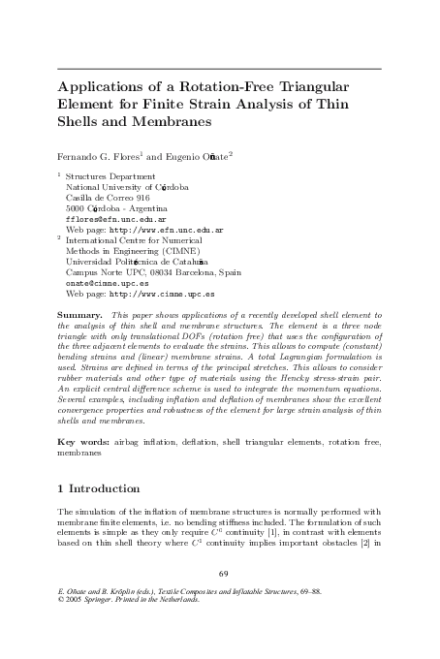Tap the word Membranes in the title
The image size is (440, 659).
(167, 124)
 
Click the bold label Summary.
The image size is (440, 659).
(80, 316)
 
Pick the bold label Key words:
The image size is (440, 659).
(86, 442)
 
